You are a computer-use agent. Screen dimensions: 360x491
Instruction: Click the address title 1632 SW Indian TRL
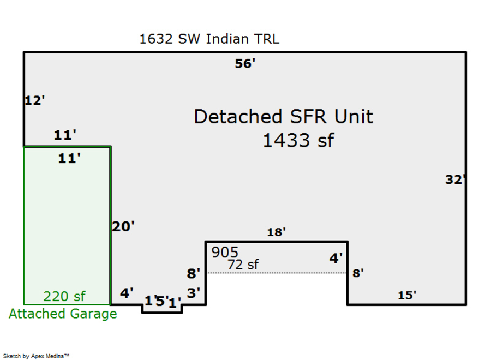pyautogui.click(x=209, y=39)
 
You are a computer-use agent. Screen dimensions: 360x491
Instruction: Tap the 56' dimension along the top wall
pyautogui.click(x=245, y=64)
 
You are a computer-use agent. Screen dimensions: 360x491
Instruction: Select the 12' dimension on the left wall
pyautogui.click(x=34, y=100)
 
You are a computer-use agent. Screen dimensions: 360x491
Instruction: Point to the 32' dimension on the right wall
pyautogui.click(x=454, y=179)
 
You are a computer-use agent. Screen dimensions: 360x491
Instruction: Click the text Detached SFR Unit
pyautogui.click(x=284, y=117)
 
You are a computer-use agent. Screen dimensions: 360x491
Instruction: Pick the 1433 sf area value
pyautogui.click(x=298, y=141)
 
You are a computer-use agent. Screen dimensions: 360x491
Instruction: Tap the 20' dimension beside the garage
pyautogui.click(x=123, y=226)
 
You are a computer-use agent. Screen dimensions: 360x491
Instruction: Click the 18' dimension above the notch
pyautogui.click(x=276, y=232)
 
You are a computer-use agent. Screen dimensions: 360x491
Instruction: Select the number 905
pyautogui.click(x=225, y=253)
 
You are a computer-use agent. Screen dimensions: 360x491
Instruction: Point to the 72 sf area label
pyautogui.click(x=243, y=265)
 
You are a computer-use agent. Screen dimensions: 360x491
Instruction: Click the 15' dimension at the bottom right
pyautogui.click(x=407, y=296)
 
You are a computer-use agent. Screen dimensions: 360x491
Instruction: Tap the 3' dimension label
pyautogui.click(x=193, y=293)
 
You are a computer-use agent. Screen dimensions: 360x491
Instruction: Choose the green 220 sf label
pyautogui.click(x=64, y=297)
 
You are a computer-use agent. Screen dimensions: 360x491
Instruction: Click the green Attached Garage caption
pyautogui.click(x=63, y=314)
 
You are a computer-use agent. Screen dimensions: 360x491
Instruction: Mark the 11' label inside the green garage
pyautogui.click(x=69, y=159)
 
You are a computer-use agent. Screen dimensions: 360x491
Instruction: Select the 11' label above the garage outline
pyautogui.click(x=65, y=135)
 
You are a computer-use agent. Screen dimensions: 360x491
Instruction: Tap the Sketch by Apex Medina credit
pyautogui.click(x=37, y=356)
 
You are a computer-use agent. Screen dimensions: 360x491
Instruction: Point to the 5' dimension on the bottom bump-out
pyautogui.click(x=161, y=301)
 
